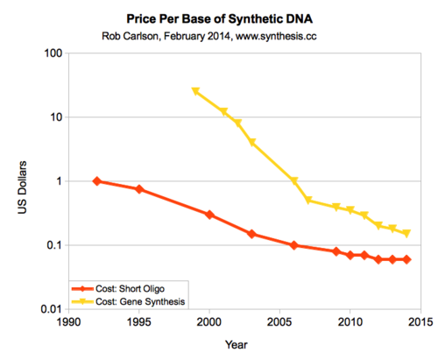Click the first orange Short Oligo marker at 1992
[x=96, y=181]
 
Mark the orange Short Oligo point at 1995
[x=138, y=189]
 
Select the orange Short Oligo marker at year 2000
[x=209, y=215]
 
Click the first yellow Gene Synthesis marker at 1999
[x=195, y=91]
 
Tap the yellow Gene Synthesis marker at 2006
[x=294, y=181]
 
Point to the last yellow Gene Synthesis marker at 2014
[x=406, y=234]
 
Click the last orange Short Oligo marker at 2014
[x=406, y=259]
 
